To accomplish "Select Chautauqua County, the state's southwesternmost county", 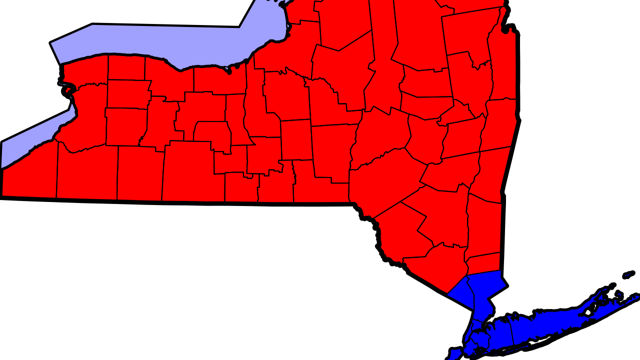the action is tap(30, 172).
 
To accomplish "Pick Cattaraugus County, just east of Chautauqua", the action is tap(87, 172).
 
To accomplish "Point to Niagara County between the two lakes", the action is tap(85, 70).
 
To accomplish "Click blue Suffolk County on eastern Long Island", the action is tap(555, 325).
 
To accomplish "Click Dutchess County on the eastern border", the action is tap(484, 225).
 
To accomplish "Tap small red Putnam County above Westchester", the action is tap(483, 263).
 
